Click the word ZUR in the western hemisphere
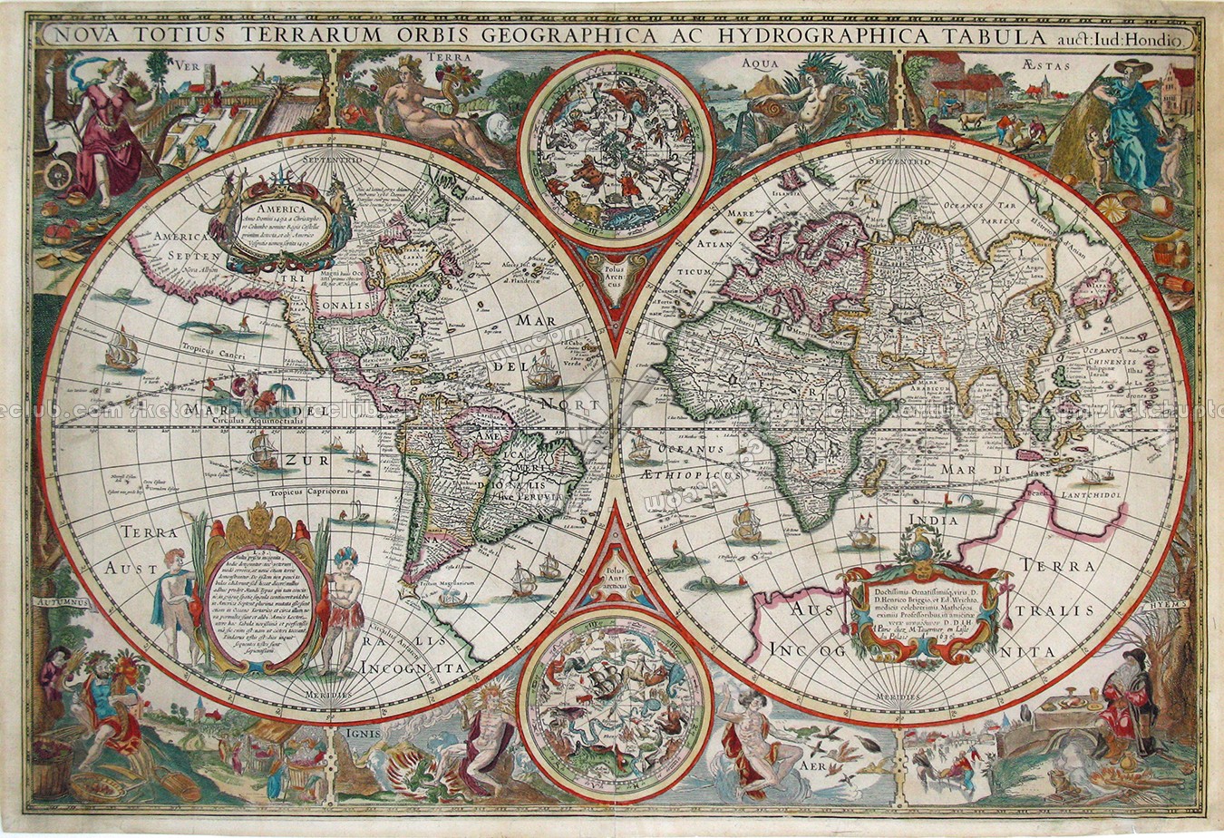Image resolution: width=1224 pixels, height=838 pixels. pyautogui.click(x=299, y=460)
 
